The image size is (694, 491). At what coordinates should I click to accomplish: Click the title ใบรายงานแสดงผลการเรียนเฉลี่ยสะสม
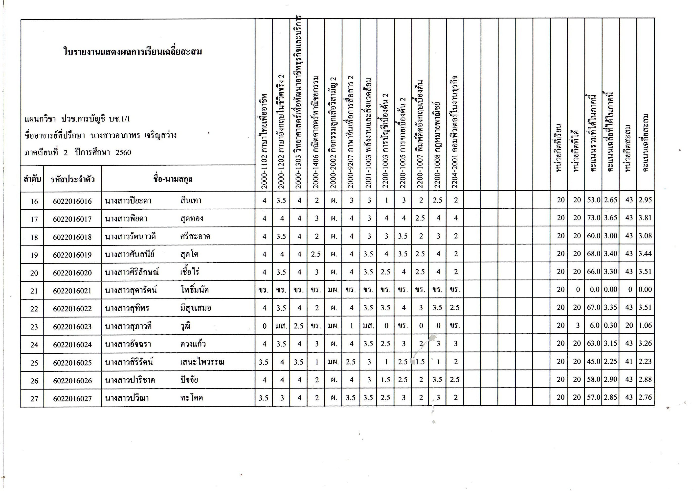[133, 52]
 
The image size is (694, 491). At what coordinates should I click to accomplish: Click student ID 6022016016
[72, 201]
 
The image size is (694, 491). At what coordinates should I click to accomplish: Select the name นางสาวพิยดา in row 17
[126, 219]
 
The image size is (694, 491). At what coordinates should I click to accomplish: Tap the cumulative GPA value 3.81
[645, 218]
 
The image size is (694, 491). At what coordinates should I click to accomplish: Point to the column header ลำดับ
[32, 179]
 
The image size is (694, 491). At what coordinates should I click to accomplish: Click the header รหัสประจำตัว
[72, 179]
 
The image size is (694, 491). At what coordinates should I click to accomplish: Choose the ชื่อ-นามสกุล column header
[173, 179]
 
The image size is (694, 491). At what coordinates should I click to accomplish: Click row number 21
[34, 291]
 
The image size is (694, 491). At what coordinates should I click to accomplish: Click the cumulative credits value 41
[629, 362]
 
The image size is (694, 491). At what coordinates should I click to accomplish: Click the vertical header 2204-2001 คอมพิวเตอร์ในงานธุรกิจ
[455, 132]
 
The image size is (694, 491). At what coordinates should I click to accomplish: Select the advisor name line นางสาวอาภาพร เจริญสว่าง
[133, 136]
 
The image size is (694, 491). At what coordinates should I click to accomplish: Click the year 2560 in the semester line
[123, 152]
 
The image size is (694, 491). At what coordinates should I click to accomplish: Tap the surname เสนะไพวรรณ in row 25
[202, 362]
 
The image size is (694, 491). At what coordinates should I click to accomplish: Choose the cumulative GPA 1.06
[645, 325]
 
